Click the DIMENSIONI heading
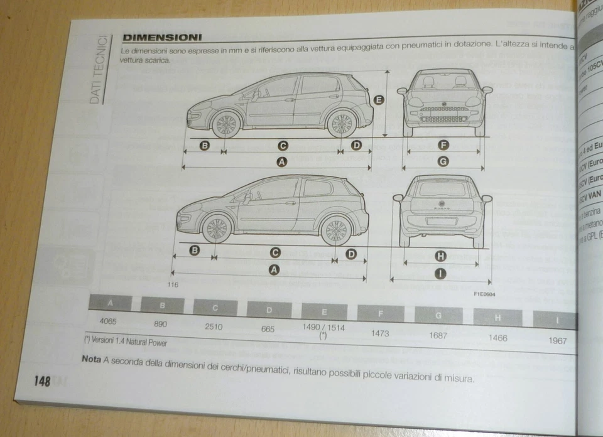pos(162,37)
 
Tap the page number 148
pos(42,380)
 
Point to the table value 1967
pos(557,341)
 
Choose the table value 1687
pos(438,335)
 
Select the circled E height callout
pos(379,99)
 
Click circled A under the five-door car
pos(282,162)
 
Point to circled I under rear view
pos(441,273)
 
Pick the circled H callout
pos(440,256)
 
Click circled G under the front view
pos(443,161)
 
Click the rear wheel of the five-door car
pos(342,124)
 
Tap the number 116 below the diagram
pos(173,285)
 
